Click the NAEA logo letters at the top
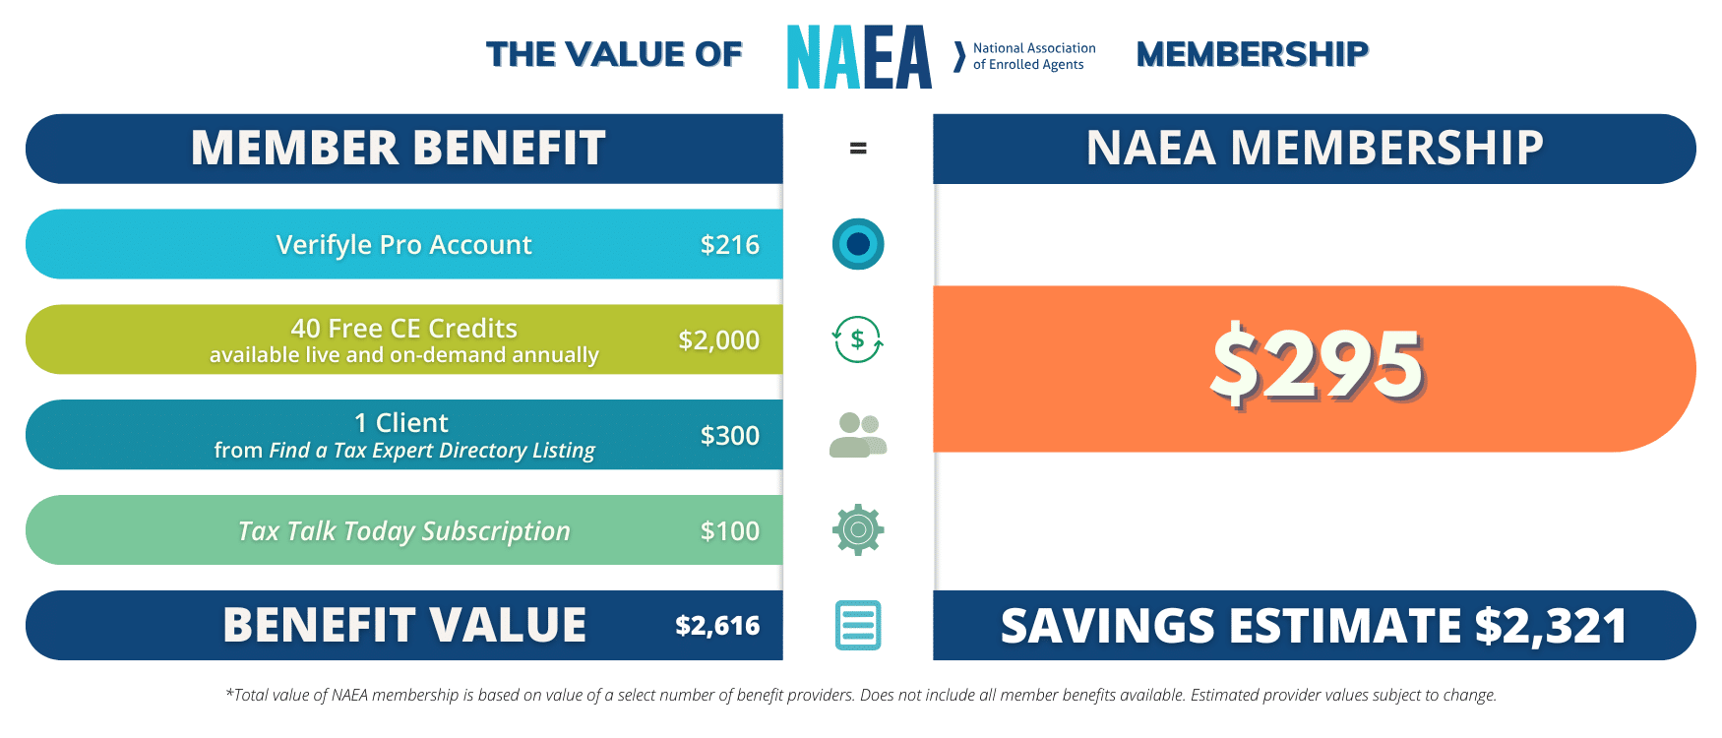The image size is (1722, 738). click(859, 57)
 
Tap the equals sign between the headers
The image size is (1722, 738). click(858, 149)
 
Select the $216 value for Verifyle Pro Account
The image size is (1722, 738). click(729, 244)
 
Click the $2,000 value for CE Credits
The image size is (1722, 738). click(718, 339)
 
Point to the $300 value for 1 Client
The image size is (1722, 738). click(729, 435)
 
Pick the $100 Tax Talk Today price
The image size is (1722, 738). click(729, 530)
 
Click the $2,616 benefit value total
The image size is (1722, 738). click(717, 625)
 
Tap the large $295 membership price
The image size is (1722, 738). click(1317, 366)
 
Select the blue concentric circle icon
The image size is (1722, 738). click(858, 244)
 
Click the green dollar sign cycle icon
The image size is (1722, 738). click(858, 339)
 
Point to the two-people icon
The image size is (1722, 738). click(858, 435)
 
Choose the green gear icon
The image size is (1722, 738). click(858, 530)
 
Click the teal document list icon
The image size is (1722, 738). click(858, 625)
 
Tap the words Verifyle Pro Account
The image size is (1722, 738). click(403, 244)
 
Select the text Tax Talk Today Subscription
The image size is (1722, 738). click(403, 531)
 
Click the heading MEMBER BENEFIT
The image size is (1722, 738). click(398, 149)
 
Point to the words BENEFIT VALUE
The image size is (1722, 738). click(404, 625)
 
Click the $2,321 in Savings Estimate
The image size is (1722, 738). click(1550, 626)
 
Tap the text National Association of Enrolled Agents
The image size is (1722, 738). click(1033, 56)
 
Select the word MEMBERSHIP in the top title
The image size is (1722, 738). click(1252, 54)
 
